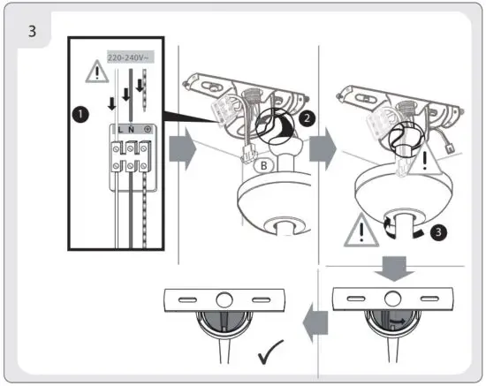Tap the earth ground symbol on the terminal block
[146, 129]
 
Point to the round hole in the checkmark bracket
[223, 299]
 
